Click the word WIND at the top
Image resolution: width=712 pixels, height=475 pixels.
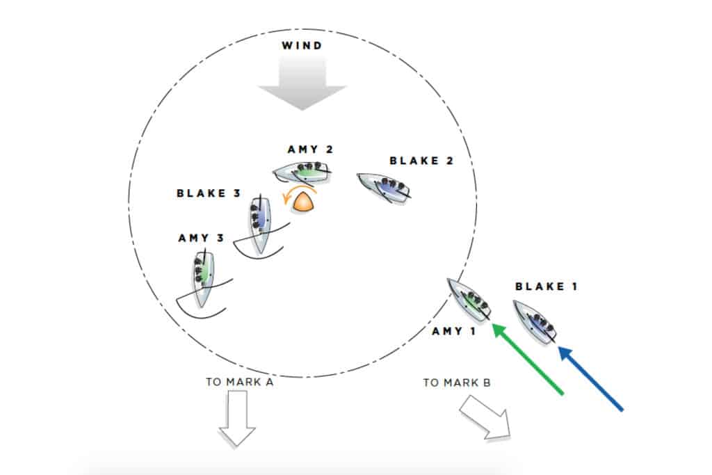click(302, 47)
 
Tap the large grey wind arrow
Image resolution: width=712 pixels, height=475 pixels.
click(302, 83)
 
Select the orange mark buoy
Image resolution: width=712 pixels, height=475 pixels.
click(304, 202)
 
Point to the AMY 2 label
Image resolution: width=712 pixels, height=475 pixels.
click(310, 150)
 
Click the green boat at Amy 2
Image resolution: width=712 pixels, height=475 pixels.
click(302, 170)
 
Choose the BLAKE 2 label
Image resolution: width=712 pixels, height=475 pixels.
click(421, 161)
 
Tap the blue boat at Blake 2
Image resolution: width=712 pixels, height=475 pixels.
click(384, 187)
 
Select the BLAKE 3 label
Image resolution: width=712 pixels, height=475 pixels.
click(209, 193)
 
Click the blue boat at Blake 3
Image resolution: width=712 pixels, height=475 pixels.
click(259, 224)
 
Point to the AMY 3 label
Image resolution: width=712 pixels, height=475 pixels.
click(201, 238)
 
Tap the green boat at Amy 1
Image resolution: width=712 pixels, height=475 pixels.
click(469, 299)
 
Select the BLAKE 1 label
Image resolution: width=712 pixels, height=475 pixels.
click(547, 286)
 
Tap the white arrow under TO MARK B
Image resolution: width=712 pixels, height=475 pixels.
click(485, 417)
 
